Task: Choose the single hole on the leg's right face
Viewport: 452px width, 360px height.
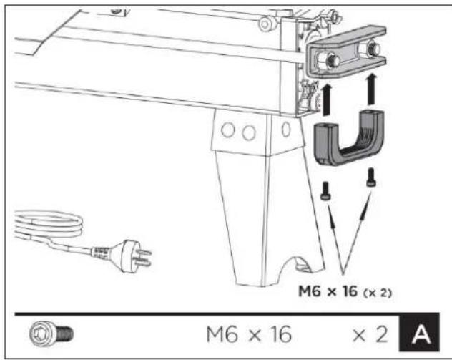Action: coord(285,130)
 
